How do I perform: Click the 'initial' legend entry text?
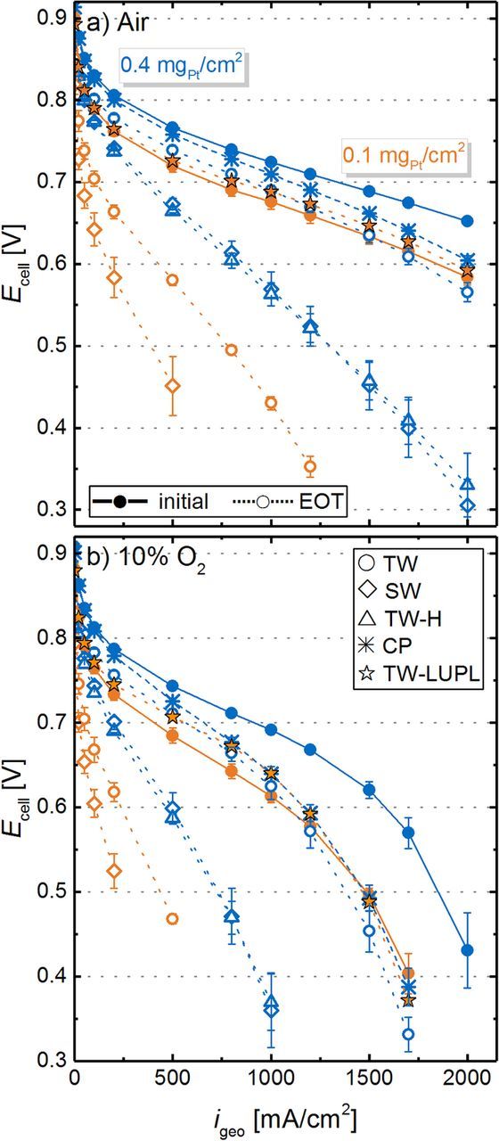pos(179,502)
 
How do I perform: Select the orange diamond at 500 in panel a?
pos(173,385)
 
